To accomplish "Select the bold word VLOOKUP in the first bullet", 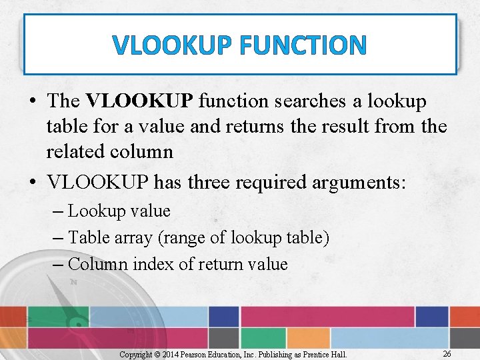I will click(x=139, y=101).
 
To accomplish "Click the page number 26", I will click(x=447, y=353).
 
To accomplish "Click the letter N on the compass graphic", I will click(x=73, y=282).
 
